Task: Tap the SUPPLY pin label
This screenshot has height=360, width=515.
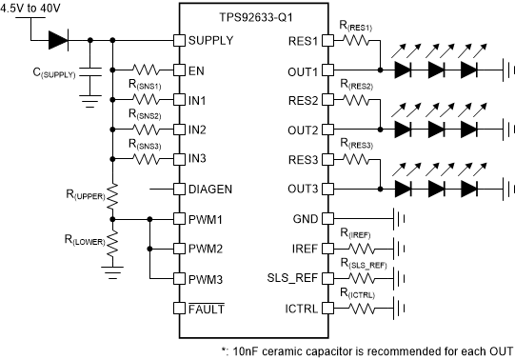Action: (x=211, y=41)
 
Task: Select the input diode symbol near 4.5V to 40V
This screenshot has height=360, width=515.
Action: (x=57, y=40)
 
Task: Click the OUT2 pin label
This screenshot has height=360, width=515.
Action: (x=299, y=130)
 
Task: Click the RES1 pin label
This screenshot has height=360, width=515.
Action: (x=299, y=41)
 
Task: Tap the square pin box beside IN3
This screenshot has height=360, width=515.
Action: (x=178, y=158)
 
